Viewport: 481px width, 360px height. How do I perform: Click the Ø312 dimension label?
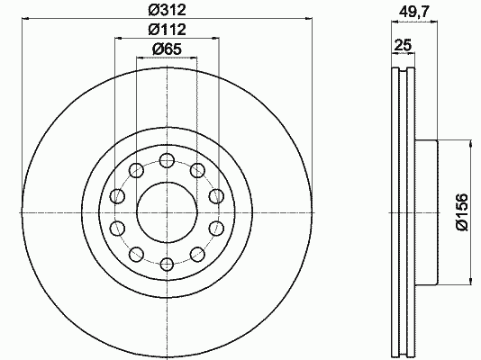tap(168, 11)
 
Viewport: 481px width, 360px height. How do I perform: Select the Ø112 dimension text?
tap(168, 30)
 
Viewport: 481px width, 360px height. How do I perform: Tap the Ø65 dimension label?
tap(168, 49)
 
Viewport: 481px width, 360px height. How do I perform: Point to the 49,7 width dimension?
tap(414, 13)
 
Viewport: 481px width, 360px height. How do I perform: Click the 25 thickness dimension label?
tap(403, 45)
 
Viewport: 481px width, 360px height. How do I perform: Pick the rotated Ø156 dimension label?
tap(462, 212)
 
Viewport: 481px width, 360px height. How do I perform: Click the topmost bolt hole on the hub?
tap(168, 160)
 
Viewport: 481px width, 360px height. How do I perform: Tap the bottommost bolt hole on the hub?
tap(168, 265)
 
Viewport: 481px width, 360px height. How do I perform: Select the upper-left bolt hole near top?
tap(137, 170)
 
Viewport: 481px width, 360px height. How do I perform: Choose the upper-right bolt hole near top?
tap(198, 170)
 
